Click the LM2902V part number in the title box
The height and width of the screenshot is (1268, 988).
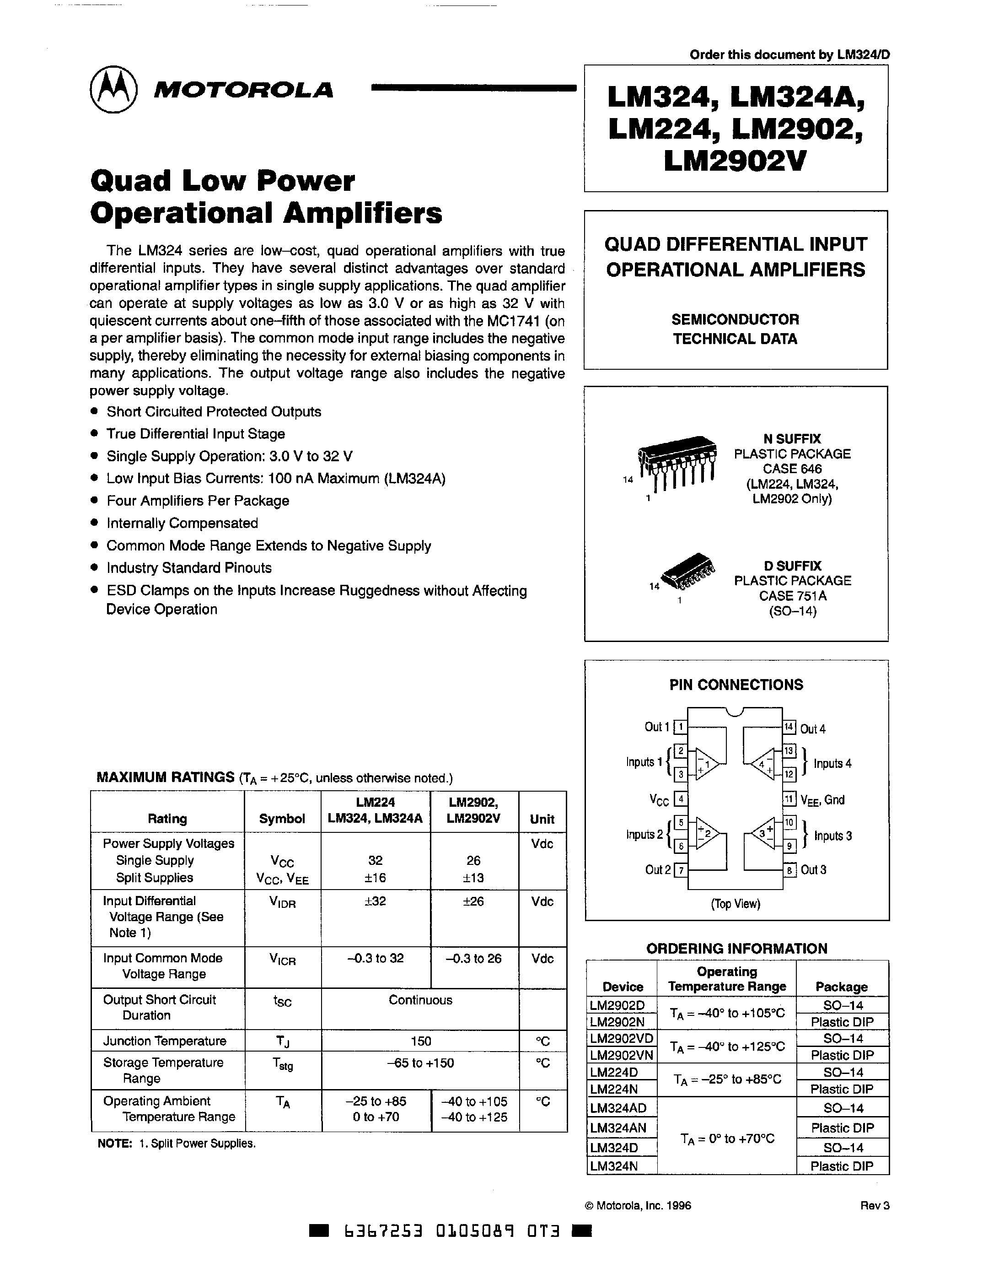tap(735, 161)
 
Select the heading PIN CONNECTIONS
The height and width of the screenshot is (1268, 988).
tap(736, 685)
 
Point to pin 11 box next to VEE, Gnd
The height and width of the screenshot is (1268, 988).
tap(789, 799)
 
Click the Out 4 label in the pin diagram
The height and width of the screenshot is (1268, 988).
tap(813, 728)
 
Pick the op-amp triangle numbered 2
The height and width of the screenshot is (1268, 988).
tap(708, 834)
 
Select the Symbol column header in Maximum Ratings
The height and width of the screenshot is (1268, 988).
tap(282, 819)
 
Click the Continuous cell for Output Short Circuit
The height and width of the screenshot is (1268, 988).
tap(420, 1000)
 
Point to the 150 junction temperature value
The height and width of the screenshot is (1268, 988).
tap(420, 1041)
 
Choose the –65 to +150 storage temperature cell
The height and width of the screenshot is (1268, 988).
tap(420, 1063)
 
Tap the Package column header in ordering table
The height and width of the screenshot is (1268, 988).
tap(841, 987)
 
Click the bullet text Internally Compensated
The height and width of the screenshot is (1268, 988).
tap(182, 523)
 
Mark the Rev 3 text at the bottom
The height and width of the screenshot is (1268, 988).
tap(875, 1205)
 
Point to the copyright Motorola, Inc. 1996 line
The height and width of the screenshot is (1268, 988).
tap(638, 1205)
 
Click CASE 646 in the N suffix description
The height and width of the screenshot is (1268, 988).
tap(792, 469)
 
